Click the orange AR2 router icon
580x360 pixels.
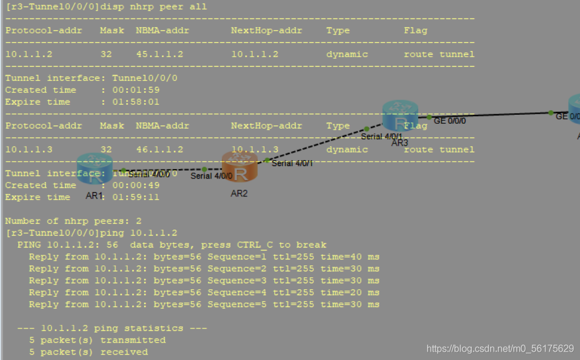[240, 167]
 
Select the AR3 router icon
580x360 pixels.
[400, 116]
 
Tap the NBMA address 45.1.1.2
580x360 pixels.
[159, 54]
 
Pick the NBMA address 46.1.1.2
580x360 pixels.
[159, 149]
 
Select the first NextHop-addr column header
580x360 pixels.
[267, 30]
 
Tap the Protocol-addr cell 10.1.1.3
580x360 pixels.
[29, 149]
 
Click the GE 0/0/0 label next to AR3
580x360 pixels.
[450, 120]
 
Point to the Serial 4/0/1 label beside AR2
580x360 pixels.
[291, 163]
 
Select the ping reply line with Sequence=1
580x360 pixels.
[204, 256]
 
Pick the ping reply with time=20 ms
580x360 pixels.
[204, 292]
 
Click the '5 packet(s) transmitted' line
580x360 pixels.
[97, 340]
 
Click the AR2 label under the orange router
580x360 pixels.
[239, 193]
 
